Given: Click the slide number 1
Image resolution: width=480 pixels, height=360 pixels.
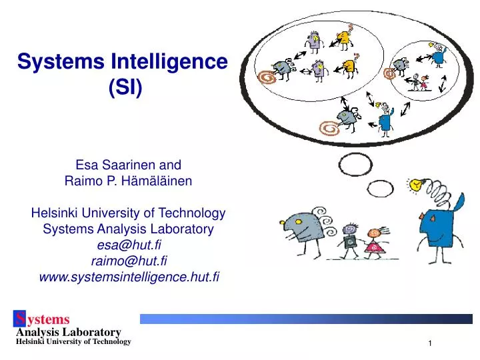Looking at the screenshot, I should click(x=431, y=343).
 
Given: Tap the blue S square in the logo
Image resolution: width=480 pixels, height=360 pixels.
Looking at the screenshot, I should click(x=23, y=319).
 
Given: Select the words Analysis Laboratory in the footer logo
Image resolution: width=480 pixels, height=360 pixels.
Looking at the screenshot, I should click(x=68, y=331).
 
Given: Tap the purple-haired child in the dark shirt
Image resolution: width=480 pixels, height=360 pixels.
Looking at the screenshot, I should click(x=349, y=240).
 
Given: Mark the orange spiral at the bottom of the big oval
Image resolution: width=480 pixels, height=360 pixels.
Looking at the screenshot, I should click(x=328, y=125).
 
